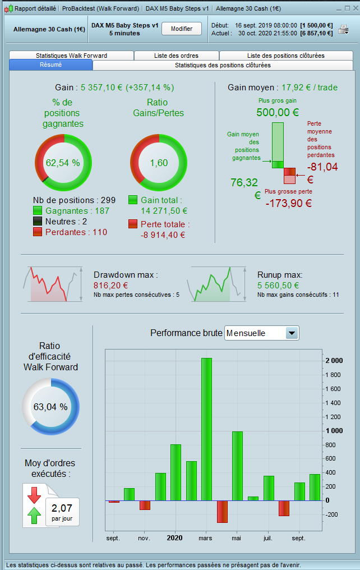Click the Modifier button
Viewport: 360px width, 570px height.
[x=181, y=29]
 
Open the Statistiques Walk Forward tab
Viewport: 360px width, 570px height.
[x=71, y=56]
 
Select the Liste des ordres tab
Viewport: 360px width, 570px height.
[x=176, y=56]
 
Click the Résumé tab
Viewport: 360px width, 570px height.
[x=50, y=65]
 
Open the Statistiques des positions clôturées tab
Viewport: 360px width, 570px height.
[x=223, y=65]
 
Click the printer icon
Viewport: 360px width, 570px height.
[x=343, y=29]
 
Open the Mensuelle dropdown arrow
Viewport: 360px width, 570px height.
[x=292, y=333]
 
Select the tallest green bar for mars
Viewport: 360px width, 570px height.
[x=206, y=429]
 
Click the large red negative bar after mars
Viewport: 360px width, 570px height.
[x=222, y=511]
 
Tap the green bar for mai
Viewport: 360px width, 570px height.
[x=237, y=466]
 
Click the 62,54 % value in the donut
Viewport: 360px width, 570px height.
[x=63, y=163]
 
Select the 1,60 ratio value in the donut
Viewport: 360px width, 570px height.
[x=159, y=163]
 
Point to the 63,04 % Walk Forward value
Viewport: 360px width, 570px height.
[x=50, y=407]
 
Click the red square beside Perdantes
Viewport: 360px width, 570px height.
[x=38, y=232]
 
